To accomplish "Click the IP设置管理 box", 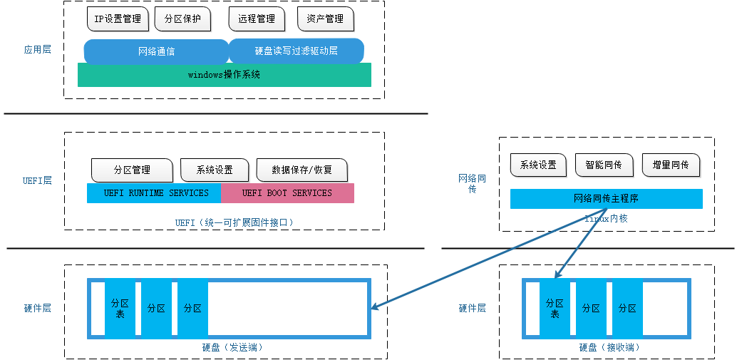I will click(118, 19).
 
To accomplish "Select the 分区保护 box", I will click(182, 19).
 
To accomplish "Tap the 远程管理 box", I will click(257, 19).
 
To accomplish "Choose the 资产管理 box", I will click(325, 19).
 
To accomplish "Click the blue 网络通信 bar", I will click(156, 51).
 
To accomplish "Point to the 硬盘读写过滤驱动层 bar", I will click(296, 51).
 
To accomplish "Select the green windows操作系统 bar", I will click(224, 75).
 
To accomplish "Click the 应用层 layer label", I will click(37, 50).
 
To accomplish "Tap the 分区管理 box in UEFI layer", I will click(132, 170).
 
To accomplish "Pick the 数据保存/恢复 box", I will click(301, 170).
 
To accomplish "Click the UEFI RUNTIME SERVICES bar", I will click(154, 193).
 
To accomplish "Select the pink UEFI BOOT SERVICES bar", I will click(287, 193).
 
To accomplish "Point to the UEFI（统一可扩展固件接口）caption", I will click(234, 222).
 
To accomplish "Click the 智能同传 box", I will click(604, 165).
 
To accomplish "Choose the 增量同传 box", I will click(671, 165).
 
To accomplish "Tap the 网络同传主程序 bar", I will click(606, 198).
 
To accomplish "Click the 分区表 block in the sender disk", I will click(119, 308).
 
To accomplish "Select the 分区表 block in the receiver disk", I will click(555, 308).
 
